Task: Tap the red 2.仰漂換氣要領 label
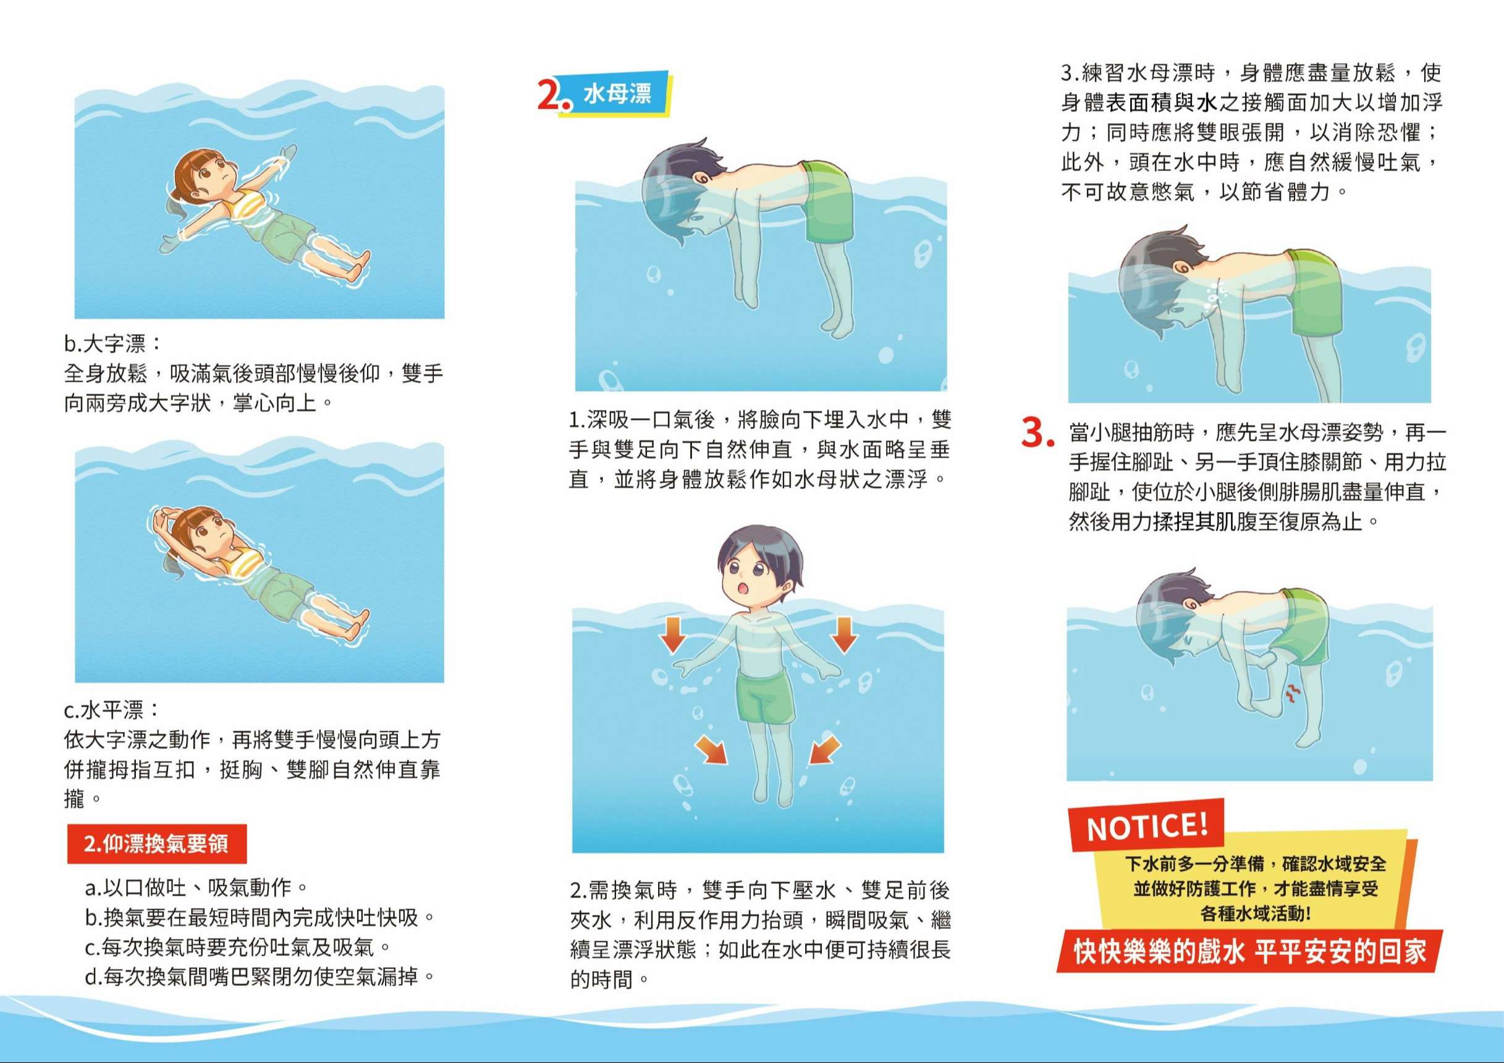156,844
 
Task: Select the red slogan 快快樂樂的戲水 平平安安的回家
1250,952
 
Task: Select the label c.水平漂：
112,709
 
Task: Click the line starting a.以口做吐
196,888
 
